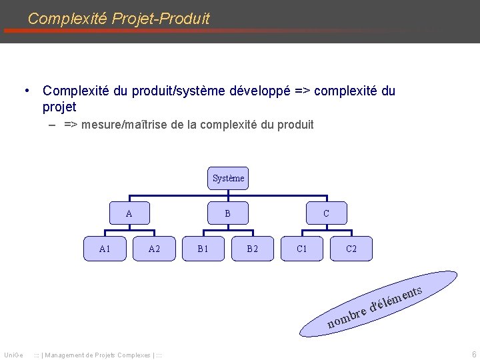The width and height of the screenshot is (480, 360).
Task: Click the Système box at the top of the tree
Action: (x=228, y=178)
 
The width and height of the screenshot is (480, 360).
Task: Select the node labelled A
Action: (x=129, y=213)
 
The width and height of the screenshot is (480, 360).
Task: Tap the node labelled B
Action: (x=227, y=213)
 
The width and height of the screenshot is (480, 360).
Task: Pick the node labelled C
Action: (x=326, y=213)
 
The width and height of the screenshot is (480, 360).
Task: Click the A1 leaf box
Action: (x=104, y=249)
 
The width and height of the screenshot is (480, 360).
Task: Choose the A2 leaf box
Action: (x=154, y=249)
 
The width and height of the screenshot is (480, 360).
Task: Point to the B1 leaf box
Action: (x=203, y=249)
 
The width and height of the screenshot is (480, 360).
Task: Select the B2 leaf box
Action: (x=252, y=249)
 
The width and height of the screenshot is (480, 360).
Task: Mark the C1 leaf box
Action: (x=302, y=249)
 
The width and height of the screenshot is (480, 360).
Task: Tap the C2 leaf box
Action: (x=351, y=249)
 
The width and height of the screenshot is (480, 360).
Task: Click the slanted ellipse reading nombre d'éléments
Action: (x=377, y=304)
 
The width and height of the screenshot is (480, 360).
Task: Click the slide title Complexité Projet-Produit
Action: (x=119, y=19)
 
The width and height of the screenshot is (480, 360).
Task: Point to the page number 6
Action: (x=473, y=354)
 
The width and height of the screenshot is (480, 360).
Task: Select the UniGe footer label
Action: (x=13, y=355)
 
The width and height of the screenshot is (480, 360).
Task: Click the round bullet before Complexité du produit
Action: (x=25, y=91)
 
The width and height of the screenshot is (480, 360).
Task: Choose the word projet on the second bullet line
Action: (x=59, y=107)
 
